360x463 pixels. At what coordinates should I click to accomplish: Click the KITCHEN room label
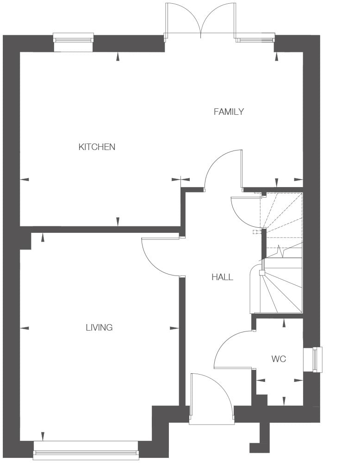tap(97, 147)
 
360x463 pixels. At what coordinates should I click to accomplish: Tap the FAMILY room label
tap(229, 112)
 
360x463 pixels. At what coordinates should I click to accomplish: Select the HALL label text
tap(222, 277)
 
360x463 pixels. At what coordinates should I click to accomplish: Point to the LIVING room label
tap(99, 327)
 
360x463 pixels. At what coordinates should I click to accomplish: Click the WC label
tap(279, 359)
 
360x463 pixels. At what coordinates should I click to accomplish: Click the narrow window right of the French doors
tap(255, 39)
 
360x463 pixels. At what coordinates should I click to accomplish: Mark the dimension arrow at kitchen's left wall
tap(25, 179)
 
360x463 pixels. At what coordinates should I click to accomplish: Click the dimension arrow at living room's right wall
tap(174, 328)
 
